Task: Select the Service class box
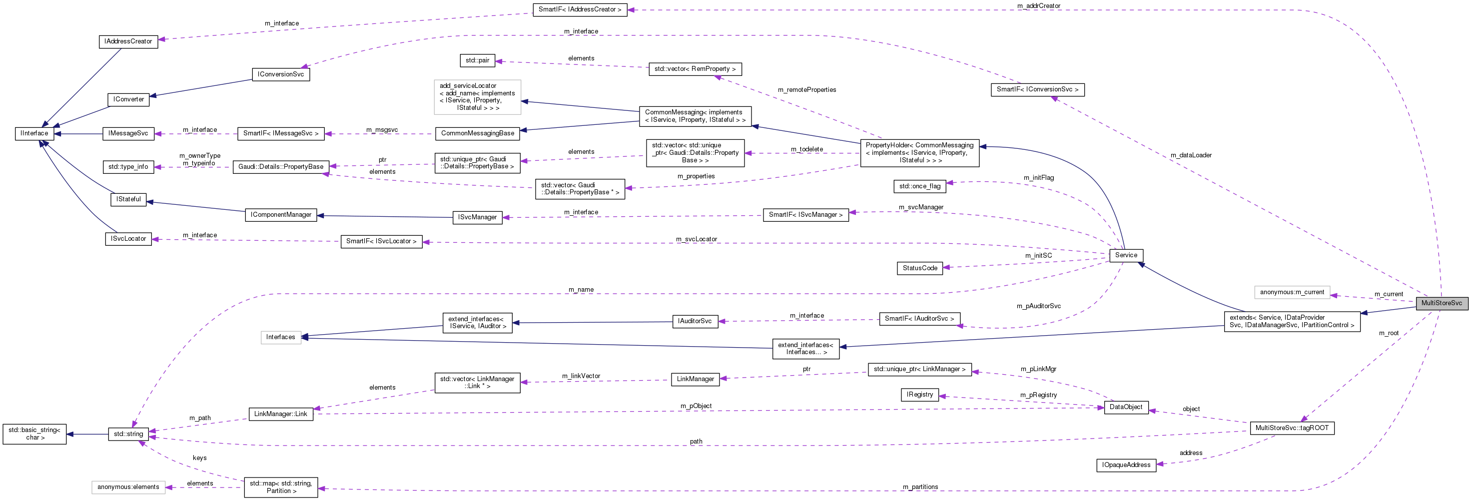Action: pyautogui.click(x=1126, y=255)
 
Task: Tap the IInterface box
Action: pyautogui.click(x=34, y=133)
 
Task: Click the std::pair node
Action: pyautogui.click(x=477, y=60)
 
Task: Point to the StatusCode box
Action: pyautogui.click(x=919, y=268)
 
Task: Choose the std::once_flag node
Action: pyautogui.click(x=919, y=186)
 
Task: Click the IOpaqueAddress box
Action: pyautogui.click(x=1126, y=465)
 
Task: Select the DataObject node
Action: pyautogui.click(x=1126, y=407)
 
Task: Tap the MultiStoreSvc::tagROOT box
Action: pyautogui.click(x=1291, y=428)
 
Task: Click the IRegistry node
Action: pyautogui.click(x=919, y=395)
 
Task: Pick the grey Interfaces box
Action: pyautogui.click(x=280, y=337)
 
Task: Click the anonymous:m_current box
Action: pyautogui.click(x=1292, y=292)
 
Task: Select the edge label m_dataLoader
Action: pyautogui.click(x=1191, y=155)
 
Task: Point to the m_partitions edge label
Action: pyautogui.click(x=920, y=487)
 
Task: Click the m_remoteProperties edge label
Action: pyautogui.click(x=806, y=89)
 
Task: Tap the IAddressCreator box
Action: pyautogui.click(x=128, y=41)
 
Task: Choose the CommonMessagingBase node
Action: pyautogui.click(x=477, y=133)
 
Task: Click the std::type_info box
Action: pyautogui.click(x=128, y=167)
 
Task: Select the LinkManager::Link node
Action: pyautogui.click(x=280, y=414)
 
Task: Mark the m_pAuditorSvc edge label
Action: pyautogui.click(x=1038, y=306)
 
